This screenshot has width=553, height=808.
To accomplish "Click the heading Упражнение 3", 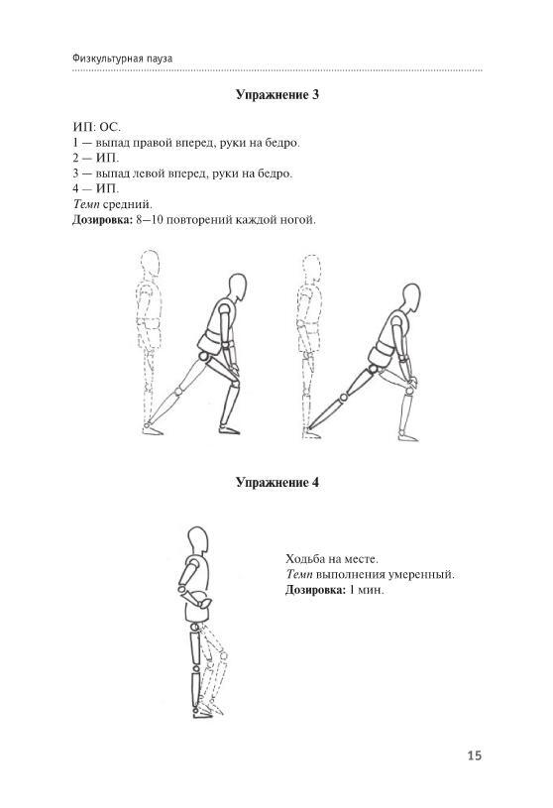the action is (x=277, y=95).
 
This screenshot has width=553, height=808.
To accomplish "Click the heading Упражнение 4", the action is (x=277, y=483).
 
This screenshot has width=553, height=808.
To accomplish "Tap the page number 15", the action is (x=475, y=755).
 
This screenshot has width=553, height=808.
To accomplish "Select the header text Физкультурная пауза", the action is (x=123, y=58).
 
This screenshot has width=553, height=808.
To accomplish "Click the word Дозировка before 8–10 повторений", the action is (x=102, y=220).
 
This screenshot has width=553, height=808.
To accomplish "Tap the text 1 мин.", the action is (x=367, y=590).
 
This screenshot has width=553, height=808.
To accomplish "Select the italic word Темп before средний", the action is (x=86, y=204).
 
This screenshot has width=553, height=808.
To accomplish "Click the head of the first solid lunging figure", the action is (x=237, y=288).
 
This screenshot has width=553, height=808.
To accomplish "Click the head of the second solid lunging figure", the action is (x=410, y=297).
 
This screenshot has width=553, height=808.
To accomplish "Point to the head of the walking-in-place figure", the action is (x=198, y=540).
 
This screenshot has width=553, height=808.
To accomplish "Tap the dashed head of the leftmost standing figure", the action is (x=150, y=265).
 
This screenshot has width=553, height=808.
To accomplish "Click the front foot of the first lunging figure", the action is (x=229, y=429).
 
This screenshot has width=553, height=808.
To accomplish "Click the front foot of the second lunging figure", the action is (x=407, y=436).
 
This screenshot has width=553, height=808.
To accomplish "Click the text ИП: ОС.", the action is (x=97, y=127).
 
